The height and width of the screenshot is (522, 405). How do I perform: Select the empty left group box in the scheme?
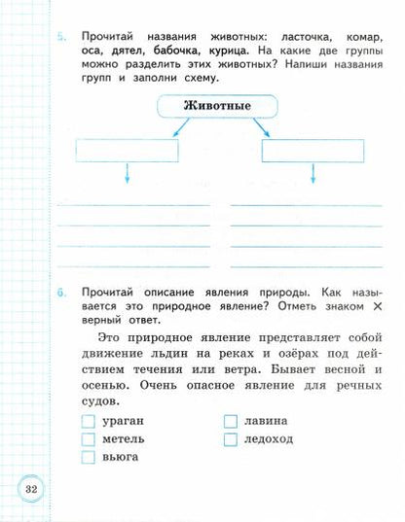126,150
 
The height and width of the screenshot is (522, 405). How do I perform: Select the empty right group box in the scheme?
311,150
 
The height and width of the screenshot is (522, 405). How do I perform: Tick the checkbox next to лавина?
231,421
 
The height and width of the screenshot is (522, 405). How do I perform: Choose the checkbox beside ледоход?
231,438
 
